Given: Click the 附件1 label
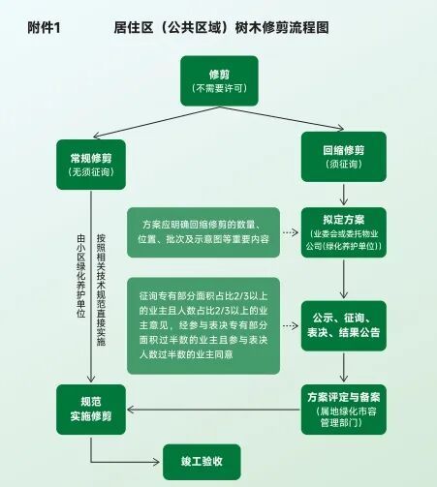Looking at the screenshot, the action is point(44,28).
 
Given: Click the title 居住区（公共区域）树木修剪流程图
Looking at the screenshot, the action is point(221,28).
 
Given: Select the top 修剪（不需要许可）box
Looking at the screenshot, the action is point(219,80).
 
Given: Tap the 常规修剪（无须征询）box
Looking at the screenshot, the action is point(91,165).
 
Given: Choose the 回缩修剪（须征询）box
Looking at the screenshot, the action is point(344,157).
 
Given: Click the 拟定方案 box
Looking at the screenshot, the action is point(344,232).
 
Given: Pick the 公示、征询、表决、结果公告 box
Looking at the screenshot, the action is point(344,325).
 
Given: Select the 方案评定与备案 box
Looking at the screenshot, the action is point(344,410).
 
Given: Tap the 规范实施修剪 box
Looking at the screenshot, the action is point(91,410).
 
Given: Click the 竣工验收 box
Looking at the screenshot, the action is point(202,462).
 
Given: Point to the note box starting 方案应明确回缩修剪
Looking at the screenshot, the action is point(203,232).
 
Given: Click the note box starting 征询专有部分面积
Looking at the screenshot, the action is point(203,325).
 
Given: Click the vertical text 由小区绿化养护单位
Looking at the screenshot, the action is point(81,276).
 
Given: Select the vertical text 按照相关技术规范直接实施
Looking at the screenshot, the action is point(101,289).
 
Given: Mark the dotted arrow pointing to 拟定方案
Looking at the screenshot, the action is point(291,232).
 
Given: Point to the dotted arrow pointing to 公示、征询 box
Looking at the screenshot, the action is point(291,325).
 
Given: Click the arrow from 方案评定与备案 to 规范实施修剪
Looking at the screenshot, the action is point(213,410).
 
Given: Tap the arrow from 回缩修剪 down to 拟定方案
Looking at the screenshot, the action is point(344,195).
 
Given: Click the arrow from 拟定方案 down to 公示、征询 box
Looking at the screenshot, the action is point(344,279).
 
